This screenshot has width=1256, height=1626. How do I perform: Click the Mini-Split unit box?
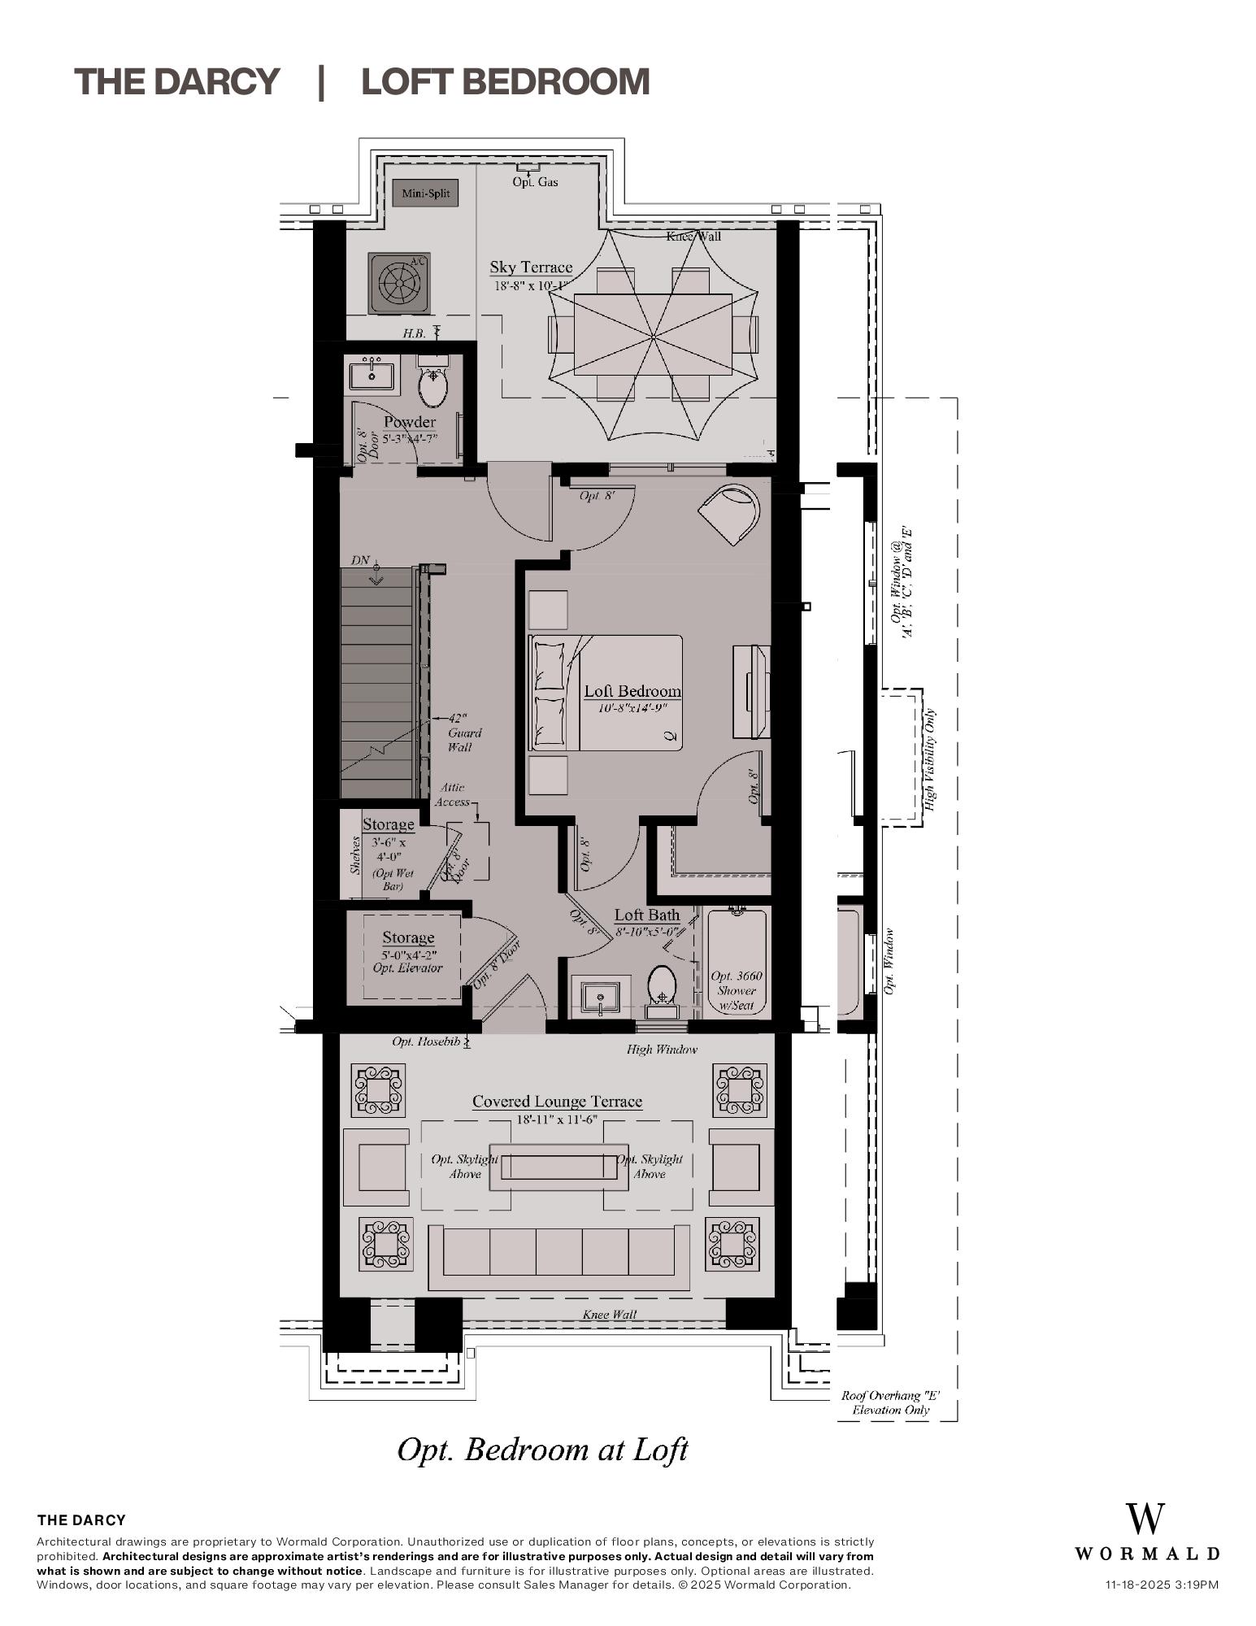coord(425,193)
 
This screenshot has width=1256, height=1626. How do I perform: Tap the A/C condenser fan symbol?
coord(398,284)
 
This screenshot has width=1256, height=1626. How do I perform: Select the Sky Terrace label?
coord(531,267)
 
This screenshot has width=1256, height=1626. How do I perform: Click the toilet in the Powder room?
coord(433,388)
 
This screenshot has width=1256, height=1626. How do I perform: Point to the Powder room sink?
coord(372,376)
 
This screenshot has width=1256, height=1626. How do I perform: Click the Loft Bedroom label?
coord(632,691)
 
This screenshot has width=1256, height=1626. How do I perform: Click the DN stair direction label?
coord(360,560)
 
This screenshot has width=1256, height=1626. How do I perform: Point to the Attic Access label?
coord(452,794)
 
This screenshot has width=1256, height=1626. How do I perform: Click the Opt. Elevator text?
coord(407,968)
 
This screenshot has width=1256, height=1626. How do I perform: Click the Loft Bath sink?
coord(601,998)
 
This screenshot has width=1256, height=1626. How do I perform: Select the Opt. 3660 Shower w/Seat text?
coord(737,990)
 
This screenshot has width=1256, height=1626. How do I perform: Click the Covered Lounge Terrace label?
coord(557,1102)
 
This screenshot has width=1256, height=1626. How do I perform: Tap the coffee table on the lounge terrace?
coord(558,1167)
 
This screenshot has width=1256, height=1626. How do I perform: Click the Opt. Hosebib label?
coord(426,1041)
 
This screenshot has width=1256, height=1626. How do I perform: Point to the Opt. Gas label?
coord(535,182)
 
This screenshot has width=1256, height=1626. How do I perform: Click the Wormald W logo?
coord(1145,1519)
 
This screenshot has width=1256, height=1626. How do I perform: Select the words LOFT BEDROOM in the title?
coord(505,82)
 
